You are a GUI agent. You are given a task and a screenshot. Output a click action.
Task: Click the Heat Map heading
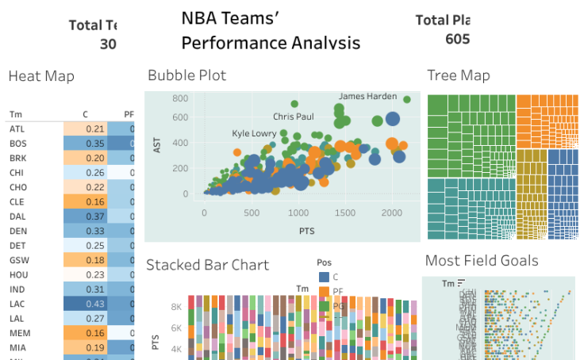41,76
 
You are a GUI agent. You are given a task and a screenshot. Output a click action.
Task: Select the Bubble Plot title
186,75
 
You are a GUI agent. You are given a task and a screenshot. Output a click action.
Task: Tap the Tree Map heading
459,75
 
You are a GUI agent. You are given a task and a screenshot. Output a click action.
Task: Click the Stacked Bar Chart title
207,265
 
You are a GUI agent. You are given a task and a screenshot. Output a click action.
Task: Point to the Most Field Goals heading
482,261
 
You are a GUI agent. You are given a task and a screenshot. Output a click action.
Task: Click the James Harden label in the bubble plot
367,97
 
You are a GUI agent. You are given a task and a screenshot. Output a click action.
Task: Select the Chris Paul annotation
293,117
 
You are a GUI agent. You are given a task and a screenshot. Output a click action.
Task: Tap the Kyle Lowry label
254,133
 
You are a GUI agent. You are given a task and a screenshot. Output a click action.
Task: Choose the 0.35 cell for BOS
94,144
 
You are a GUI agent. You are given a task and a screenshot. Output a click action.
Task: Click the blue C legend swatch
324,277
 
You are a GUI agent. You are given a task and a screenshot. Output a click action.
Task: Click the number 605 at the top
457,39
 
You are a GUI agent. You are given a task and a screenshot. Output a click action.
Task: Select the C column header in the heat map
85,114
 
